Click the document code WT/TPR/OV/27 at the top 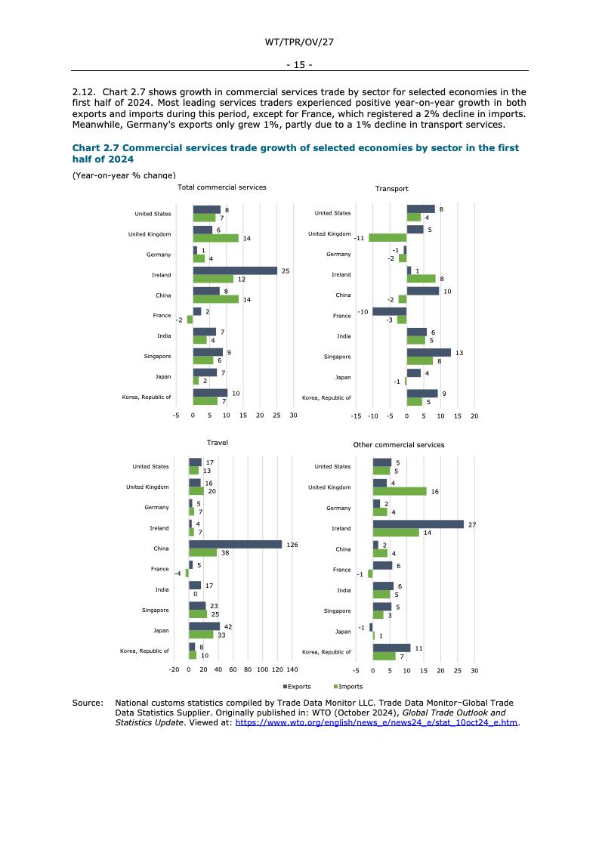[299, 42]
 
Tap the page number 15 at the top [299, 65]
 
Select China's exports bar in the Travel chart [235, 544]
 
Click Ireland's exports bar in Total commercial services [235, 270]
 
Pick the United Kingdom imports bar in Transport [387, 237]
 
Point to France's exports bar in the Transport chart [390, 311]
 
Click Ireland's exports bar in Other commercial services [418, 524]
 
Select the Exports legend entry [297, 687]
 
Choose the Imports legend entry [347, 687]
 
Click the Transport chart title [391, 189]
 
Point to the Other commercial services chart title [398, 445]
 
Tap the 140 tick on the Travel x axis [292, 670]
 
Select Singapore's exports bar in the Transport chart [428, 352]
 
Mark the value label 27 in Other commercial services [471, 524]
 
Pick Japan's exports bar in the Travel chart [204, 626]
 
